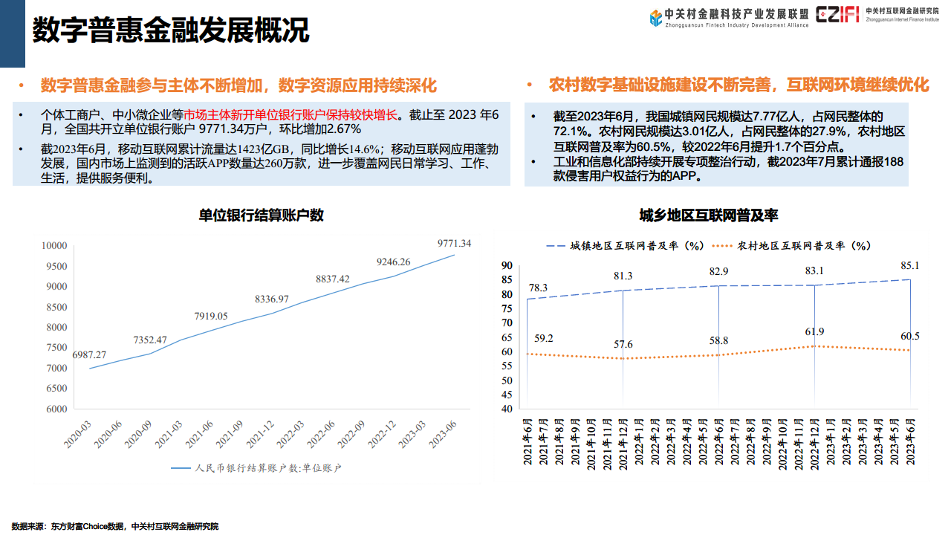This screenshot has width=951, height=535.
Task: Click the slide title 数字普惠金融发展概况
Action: click(x=170, y=31)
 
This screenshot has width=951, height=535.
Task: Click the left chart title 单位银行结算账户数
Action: click(x=261, y=215)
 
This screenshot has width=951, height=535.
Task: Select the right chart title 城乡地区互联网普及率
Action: click(x=709, y=215)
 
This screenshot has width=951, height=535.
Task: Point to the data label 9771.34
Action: click(x=454, y=243)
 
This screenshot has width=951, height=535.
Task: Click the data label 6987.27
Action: click(x=89, y=355)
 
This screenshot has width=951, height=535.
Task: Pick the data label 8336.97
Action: click(x=272, y=299)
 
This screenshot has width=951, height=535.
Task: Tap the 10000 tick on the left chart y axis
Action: click(x=54, y=246)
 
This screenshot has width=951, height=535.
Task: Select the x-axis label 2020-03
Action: click(x=77, y=433)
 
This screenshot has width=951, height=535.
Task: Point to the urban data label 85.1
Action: click(x=909, y=265)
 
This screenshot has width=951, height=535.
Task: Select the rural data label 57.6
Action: click(x=623, y=345)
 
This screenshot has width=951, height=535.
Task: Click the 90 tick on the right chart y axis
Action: click(x=507, y=265)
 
